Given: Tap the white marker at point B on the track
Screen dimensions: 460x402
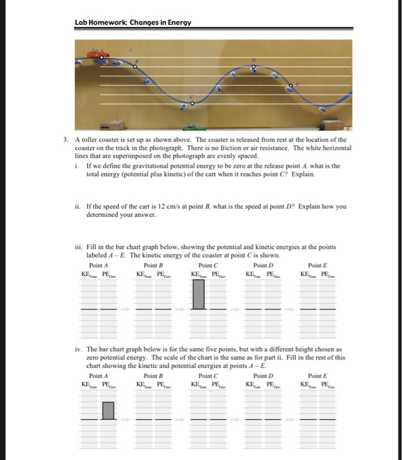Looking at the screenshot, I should pyautogui.click(x=136, y=65).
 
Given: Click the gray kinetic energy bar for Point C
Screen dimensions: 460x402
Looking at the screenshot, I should pyautogui.click(x=198, y=294).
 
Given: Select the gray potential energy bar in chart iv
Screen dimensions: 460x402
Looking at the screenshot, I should pyautogui.click(x=108, y=412).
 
